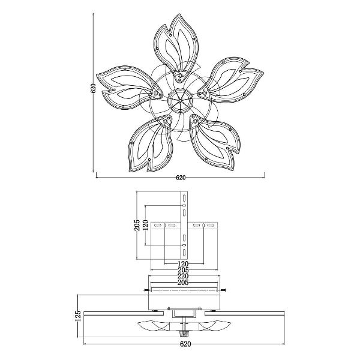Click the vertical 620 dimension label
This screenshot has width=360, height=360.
tap(93, 88)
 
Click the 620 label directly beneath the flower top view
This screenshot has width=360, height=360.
tap(181, 178)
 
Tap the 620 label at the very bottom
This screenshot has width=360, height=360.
tap(185, 344)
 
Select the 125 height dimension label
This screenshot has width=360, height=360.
tap(79, 316)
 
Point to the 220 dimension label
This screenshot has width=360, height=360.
tap(183, 276)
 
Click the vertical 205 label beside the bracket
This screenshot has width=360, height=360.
tap(137, 225)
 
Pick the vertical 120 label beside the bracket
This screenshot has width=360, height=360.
tap(145, 225)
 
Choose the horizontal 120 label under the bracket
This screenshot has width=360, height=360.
tap(183, 264)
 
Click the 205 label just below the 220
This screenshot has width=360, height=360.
tap(183, 282)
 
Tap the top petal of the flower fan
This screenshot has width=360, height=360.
tap(176, 48)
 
